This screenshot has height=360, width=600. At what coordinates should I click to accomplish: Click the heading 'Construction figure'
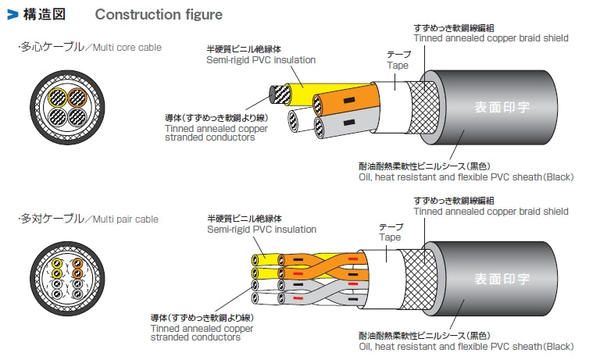click(159, 15)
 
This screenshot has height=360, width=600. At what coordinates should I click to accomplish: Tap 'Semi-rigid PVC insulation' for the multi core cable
click(261, 60)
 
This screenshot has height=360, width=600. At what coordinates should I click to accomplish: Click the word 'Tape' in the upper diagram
click(398, 66)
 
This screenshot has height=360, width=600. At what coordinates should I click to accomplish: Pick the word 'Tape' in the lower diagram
click(391, 237)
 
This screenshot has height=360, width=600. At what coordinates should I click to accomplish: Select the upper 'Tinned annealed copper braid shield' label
click(491, 37)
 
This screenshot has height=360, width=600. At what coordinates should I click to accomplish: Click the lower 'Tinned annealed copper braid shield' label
click(491, 211)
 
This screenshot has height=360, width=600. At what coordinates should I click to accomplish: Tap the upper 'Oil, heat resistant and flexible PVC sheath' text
click(466, 177)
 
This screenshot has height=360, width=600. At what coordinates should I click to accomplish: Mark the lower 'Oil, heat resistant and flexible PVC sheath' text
click(466, 346)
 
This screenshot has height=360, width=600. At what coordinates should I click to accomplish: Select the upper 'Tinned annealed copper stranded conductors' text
click(209, 133)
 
